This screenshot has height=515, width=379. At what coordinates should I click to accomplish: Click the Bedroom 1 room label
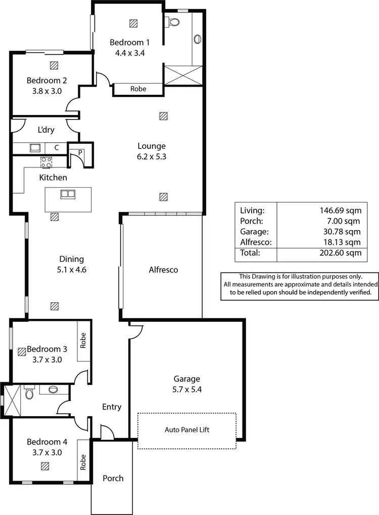[129, 42]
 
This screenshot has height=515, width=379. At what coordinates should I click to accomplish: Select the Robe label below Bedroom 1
[138, 89]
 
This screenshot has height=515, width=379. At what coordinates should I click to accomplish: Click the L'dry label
[46, 130]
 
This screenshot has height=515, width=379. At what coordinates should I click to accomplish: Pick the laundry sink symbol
[35, 148]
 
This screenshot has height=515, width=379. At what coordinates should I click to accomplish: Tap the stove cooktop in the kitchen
[46, 162]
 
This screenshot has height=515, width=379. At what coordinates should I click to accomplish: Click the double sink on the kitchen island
[67, 194]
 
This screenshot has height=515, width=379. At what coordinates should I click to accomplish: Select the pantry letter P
[80, 151]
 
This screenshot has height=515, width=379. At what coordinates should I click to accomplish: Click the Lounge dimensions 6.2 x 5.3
[152, 156]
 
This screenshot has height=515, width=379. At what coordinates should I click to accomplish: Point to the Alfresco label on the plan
[163, 270]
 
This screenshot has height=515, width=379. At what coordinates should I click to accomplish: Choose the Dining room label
[71, 259]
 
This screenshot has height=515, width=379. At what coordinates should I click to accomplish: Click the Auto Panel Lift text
[186, 430]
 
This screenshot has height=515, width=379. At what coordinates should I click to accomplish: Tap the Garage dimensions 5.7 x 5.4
[187, 389]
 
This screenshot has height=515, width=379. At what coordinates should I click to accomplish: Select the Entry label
[112, 407]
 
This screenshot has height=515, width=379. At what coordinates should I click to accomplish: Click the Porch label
[113, 478]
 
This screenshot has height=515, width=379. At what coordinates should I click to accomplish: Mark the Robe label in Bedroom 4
[83, 462]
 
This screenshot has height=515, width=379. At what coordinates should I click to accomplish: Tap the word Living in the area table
[252, 210]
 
